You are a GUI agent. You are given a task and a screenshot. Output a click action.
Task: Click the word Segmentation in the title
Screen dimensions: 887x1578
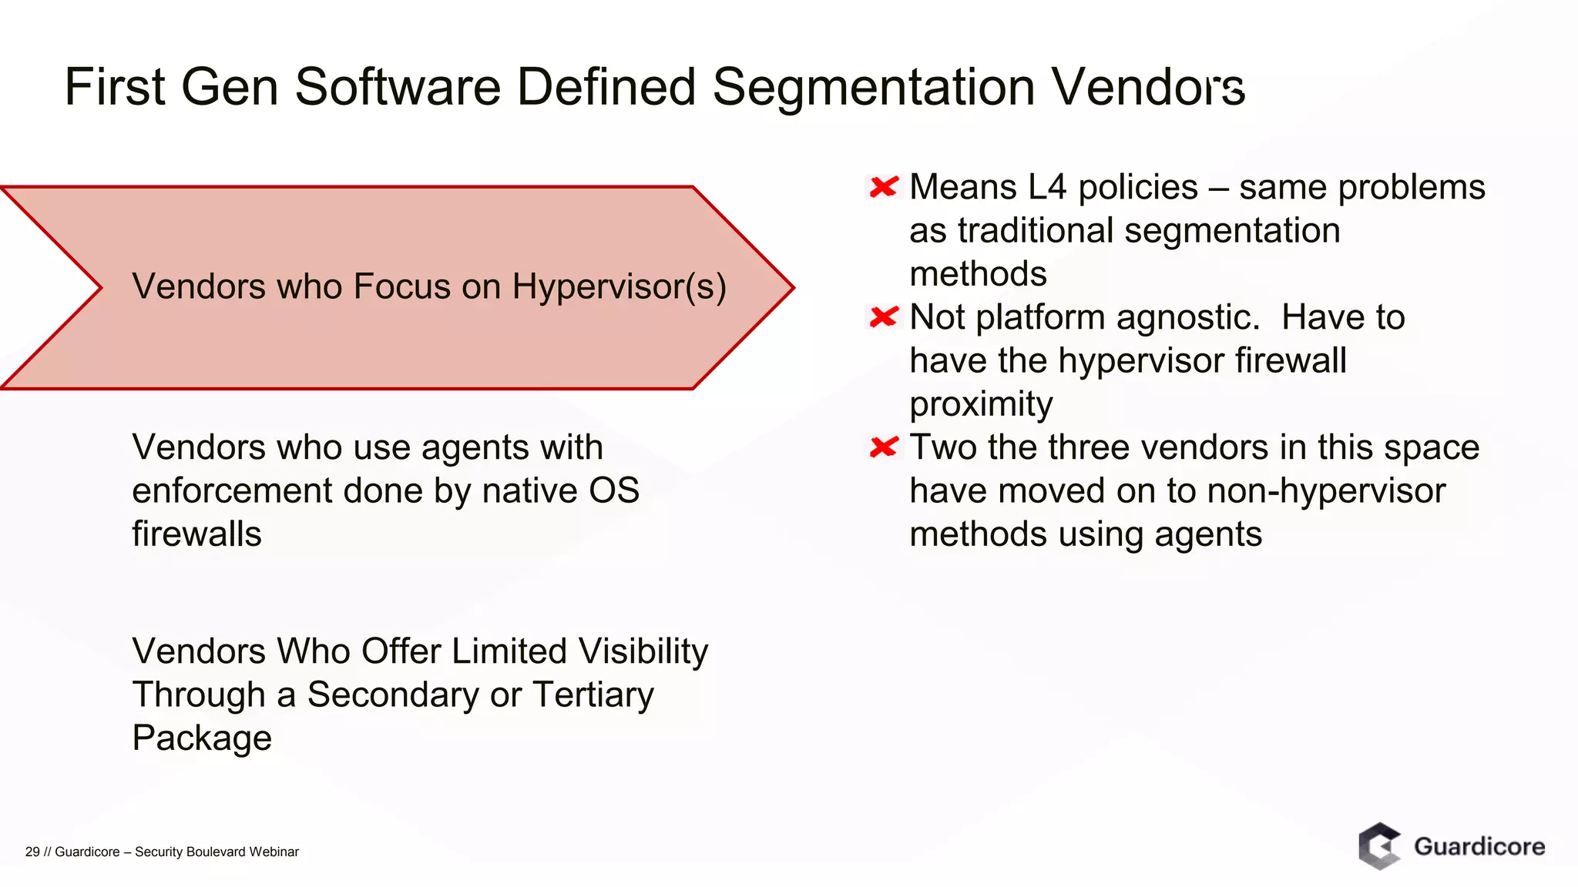[873, 87]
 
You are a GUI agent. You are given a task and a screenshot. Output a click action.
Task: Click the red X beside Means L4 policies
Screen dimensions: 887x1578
[884, 187]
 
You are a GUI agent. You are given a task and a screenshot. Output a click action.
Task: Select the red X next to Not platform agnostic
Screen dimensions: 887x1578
[884, 317]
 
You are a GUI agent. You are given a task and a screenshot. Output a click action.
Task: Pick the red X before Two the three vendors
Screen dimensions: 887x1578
[884, 447]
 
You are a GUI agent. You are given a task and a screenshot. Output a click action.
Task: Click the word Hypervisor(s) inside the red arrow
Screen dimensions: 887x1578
[619, 287]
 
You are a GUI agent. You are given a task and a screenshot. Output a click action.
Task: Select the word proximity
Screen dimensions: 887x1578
[980, 405]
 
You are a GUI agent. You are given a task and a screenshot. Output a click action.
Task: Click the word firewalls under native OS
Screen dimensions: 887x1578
[196, 534]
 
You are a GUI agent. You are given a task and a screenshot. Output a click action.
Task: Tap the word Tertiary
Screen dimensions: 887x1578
[593, 695]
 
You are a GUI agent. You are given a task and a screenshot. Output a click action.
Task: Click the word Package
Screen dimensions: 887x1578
[202, 738]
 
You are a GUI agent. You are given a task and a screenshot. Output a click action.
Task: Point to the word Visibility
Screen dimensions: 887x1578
[643, 651]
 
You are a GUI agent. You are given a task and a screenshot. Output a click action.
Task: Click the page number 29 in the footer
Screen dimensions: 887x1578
[32, 852]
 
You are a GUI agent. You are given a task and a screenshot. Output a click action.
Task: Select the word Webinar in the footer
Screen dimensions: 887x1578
[274, 852]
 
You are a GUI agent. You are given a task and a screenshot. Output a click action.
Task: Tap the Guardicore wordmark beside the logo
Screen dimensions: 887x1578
[1479, 847]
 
